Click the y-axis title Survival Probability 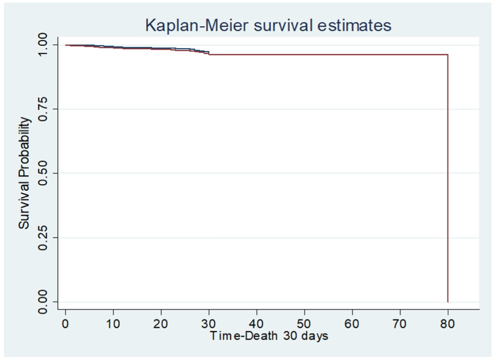click(x=24, y=173)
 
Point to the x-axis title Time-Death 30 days click(x=269, y=336)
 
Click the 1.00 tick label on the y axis click(x=45, y=45)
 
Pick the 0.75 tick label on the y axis click(x=45, y=109)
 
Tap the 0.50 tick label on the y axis click(x=45, y=173)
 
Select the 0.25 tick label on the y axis click(x=45, y=238)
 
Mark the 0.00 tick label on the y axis click(x=45, y=302)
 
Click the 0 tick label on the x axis click(x=65, y=324)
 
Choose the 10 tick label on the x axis click(x=113, y=324)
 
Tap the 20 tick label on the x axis click(x=161, y=324)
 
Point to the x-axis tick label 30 click(x=209, y=324)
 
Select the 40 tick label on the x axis click(x=257, y=324)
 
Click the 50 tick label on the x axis click(x=305, y=324)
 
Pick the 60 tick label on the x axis click(x=352, y=324)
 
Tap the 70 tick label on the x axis click(x=400, y=324)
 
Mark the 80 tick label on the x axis click(x=448, y=324)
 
